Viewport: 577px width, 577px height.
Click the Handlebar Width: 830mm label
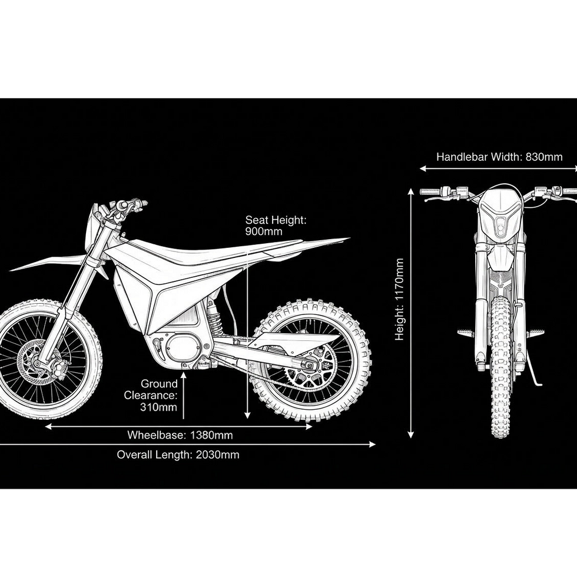[x=499, y=157]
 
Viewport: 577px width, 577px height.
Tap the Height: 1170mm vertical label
[x=400, y=299]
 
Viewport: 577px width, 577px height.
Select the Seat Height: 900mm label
[x=276, y=226]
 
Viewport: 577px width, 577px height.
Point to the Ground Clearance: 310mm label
[x=151, y=395]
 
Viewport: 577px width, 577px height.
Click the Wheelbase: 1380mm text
[x=180, y=435]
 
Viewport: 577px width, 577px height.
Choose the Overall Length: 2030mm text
[x=178, y=455]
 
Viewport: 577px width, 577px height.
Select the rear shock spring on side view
[x=214, y=320]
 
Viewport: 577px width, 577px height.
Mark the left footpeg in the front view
[x=465, y=333]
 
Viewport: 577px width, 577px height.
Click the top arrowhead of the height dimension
[x=411, y=191]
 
